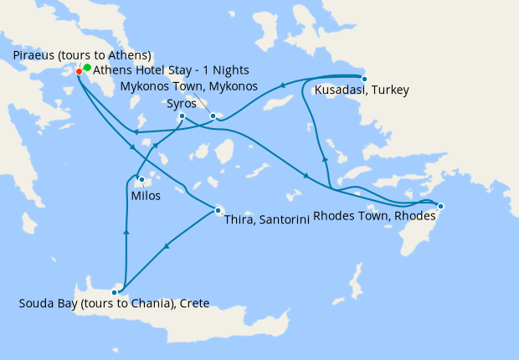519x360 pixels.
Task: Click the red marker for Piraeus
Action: tap(79, 71)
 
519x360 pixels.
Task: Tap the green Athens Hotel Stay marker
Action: tap(87, 67)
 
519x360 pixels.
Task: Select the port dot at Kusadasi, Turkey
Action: tap(363, 79)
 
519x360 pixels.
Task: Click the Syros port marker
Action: tap(182, 116)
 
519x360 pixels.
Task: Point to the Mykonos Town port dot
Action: tap(213, 116)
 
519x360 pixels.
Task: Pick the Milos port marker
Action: tap(141, 179)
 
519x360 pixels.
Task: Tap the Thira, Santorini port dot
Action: tap(218, 210)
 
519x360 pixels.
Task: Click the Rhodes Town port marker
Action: tap(441, 206)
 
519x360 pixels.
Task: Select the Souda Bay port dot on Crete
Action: tap(115, 292)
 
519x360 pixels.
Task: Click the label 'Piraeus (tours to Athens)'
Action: tap(82, 55)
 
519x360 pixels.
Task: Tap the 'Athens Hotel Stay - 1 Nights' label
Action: tap(171, 69)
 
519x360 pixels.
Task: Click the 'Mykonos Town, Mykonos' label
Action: tap(189, 86)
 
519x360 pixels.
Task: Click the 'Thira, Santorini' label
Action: tap(268, 220)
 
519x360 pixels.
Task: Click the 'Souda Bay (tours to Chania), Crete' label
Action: tap(114, 303)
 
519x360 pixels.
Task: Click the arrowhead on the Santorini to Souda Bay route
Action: tap(167, 247)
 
